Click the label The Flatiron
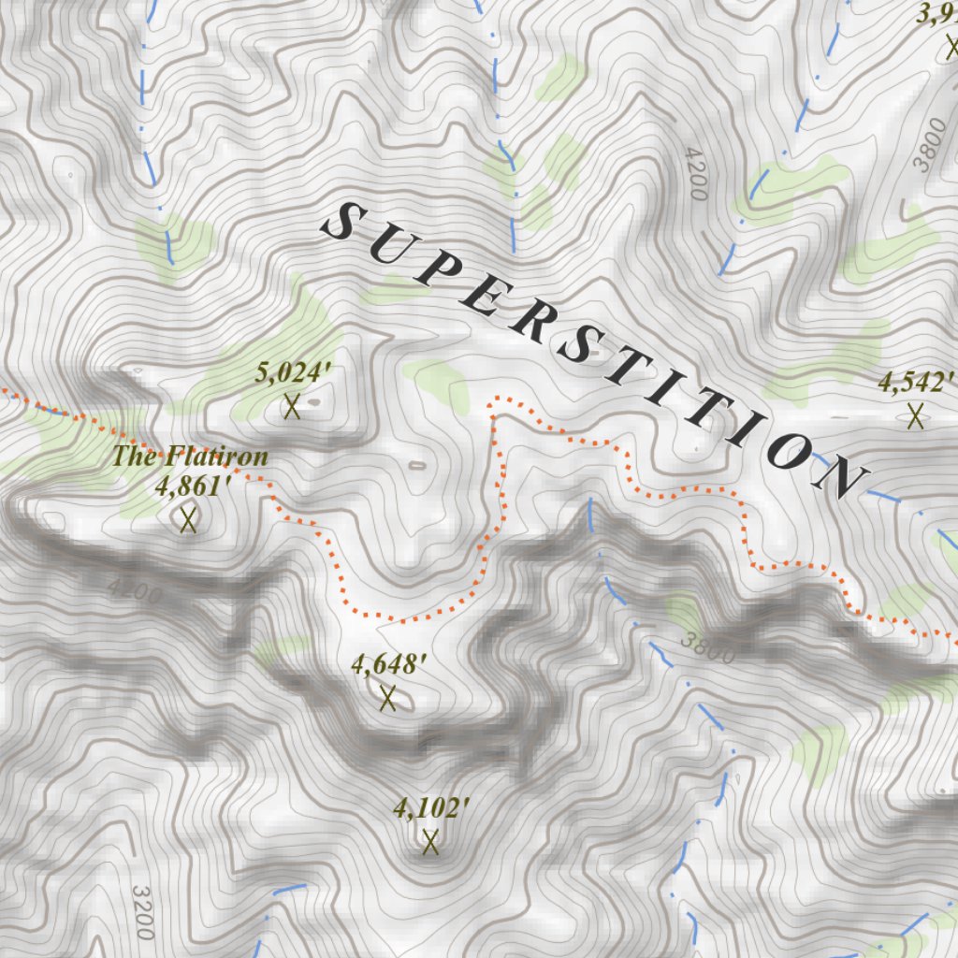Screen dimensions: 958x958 (191, 457)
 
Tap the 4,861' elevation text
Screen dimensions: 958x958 (194, 486)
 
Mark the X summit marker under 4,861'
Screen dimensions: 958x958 (188, 519)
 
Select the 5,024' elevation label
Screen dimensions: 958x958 (294, 374)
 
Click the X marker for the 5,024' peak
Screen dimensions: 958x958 (292, 407)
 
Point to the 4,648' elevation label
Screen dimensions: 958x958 (389, 665)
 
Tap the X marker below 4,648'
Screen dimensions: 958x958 (388, 698)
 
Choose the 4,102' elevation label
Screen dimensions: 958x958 (430, 808)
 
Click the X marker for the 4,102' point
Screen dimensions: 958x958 (430, 842)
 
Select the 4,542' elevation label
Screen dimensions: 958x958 (915, 382)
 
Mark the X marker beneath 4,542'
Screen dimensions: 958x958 (915, 414)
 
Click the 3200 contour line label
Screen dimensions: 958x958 (141, 912)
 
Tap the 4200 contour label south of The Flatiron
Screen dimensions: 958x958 (135, 592)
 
